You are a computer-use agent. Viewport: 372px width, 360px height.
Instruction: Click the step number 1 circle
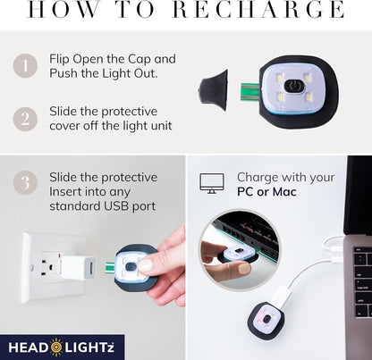pyautogui.click(x=25, y=65)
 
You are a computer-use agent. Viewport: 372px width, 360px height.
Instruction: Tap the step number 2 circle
pyautogui.click(x=25, y=119)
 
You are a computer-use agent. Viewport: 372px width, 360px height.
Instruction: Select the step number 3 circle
pyautogui.click(x=25, y=182)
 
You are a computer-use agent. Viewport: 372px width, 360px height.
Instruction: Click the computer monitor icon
pyautogui.click(x=212, y=183)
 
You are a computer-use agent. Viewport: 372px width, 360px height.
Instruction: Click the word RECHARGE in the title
pyautogui.click(x=258, y=9)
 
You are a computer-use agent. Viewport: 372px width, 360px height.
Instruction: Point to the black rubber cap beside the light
pyautogui.click(x=213, y=90)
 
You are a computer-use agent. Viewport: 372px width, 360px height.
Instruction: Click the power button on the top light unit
pyautogui.click(x=293, y=86)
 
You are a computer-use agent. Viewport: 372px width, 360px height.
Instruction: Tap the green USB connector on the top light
pyautogui.click(x=250, y=92)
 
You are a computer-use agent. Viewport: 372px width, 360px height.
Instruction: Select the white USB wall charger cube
pyautogui.click(x=78, y=267)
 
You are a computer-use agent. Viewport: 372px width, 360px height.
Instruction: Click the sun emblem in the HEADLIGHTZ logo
pyautogui.click(x=56, y=347)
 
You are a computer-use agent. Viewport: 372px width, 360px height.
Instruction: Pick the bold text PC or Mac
pyautogui.click(x=266, y=191)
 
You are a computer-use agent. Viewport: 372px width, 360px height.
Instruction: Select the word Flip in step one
pyautogui.click(x=59, y=59)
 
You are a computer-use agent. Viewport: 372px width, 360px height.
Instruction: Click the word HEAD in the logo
pyautogui.click(x=28, y=347)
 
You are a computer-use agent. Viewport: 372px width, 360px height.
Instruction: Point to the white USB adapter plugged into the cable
pyautogui.click(x=282, y=296)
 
